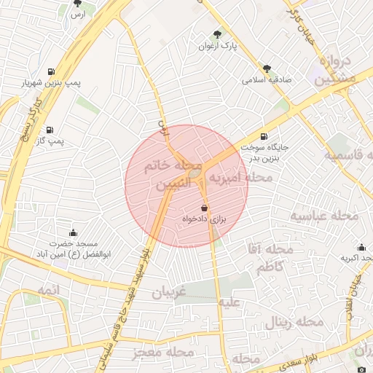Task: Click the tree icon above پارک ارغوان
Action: (x=217, y=34)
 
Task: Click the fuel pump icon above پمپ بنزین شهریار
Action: (x=51, y=72)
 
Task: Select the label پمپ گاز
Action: (x=51, y=139)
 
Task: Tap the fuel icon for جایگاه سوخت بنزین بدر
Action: (x=263, y=136)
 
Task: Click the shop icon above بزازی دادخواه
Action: (x=203, y=208)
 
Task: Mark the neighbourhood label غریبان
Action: (x=170, y=293)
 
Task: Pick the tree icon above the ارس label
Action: (x=78, y=4)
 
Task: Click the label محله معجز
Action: (x=164, y=352)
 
